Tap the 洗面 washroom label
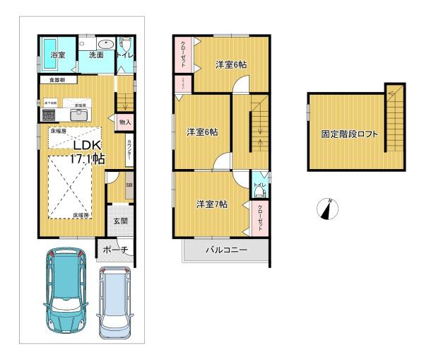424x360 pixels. pos(96,54)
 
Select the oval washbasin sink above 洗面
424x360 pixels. pos(101,41)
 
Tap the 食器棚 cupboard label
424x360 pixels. pos(58,80)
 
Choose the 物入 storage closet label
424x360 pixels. pos(124,122)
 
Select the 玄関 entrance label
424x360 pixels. pos(121,221)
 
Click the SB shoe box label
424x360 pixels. pos(129,186)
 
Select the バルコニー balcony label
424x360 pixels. pos(227,250)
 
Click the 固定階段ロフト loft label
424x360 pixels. pos(349,133)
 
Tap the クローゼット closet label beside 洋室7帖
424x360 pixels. pos(260,214)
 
